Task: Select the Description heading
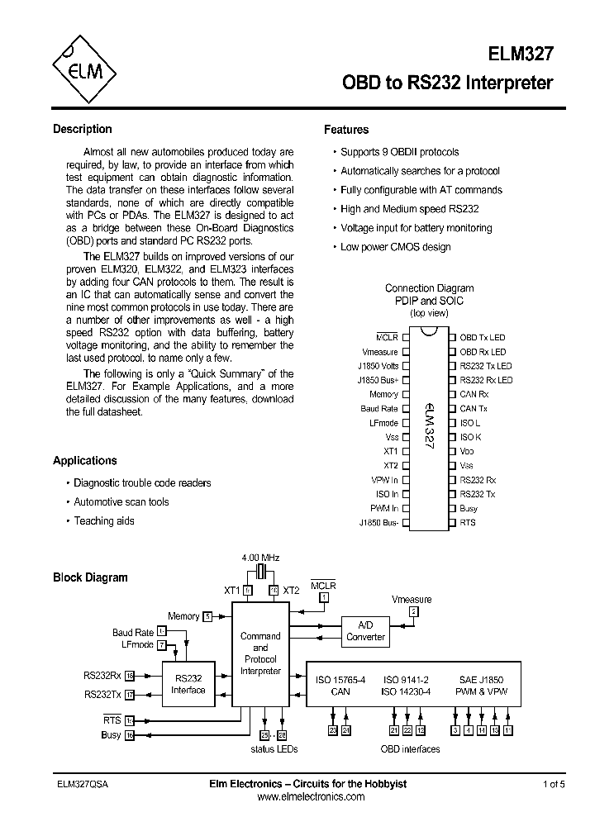pyautogui.click(x=82, y=129)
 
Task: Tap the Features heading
pyautogui.click(x=346, y=130)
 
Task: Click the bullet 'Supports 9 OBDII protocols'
pyautogui.click(x=399, y=152)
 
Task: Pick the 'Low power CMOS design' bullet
pyautogui.click(x=395, y=247)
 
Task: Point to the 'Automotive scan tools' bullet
pyautogui.click(x=121, y=502)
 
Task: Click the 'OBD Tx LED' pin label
pyautogui.click(x=482, y=337)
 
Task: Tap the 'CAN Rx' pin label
pyautogui.click(x=474, y=394)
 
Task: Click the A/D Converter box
pyautogui.click(x=365, y=631)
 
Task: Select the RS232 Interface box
pyautogui.click(x=188, y=684)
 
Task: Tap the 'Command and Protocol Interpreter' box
pyautogui.click(x=260, y=653)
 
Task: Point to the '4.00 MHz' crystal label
pyautogui.click(x=260, y=558)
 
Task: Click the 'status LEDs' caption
pyautogui.click(x=274, y=749)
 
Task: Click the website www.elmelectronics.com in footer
pyautogui.click(x=311, y=797)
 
